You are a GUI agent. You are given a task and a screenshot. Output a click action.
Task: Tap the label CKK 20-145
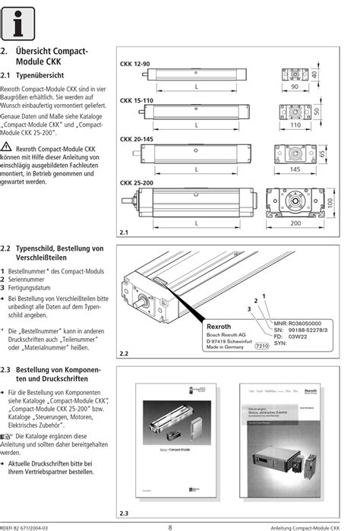tap(138, 140)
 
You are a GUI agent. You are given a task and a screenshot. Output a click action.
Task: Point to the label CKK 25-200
tap(138, 182)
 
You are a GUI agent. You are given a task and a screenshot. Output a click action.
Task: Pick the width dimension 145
tap(295, 169)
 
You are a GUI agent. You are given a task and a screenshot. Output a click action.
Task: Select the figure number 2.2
tap(125, 354)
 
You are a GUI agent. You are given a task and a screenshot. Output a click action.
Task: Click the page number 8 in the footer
tap(169, 526)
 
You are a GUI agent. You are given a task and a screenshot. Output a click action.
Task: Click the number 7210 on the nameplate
tap(261, 346)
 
